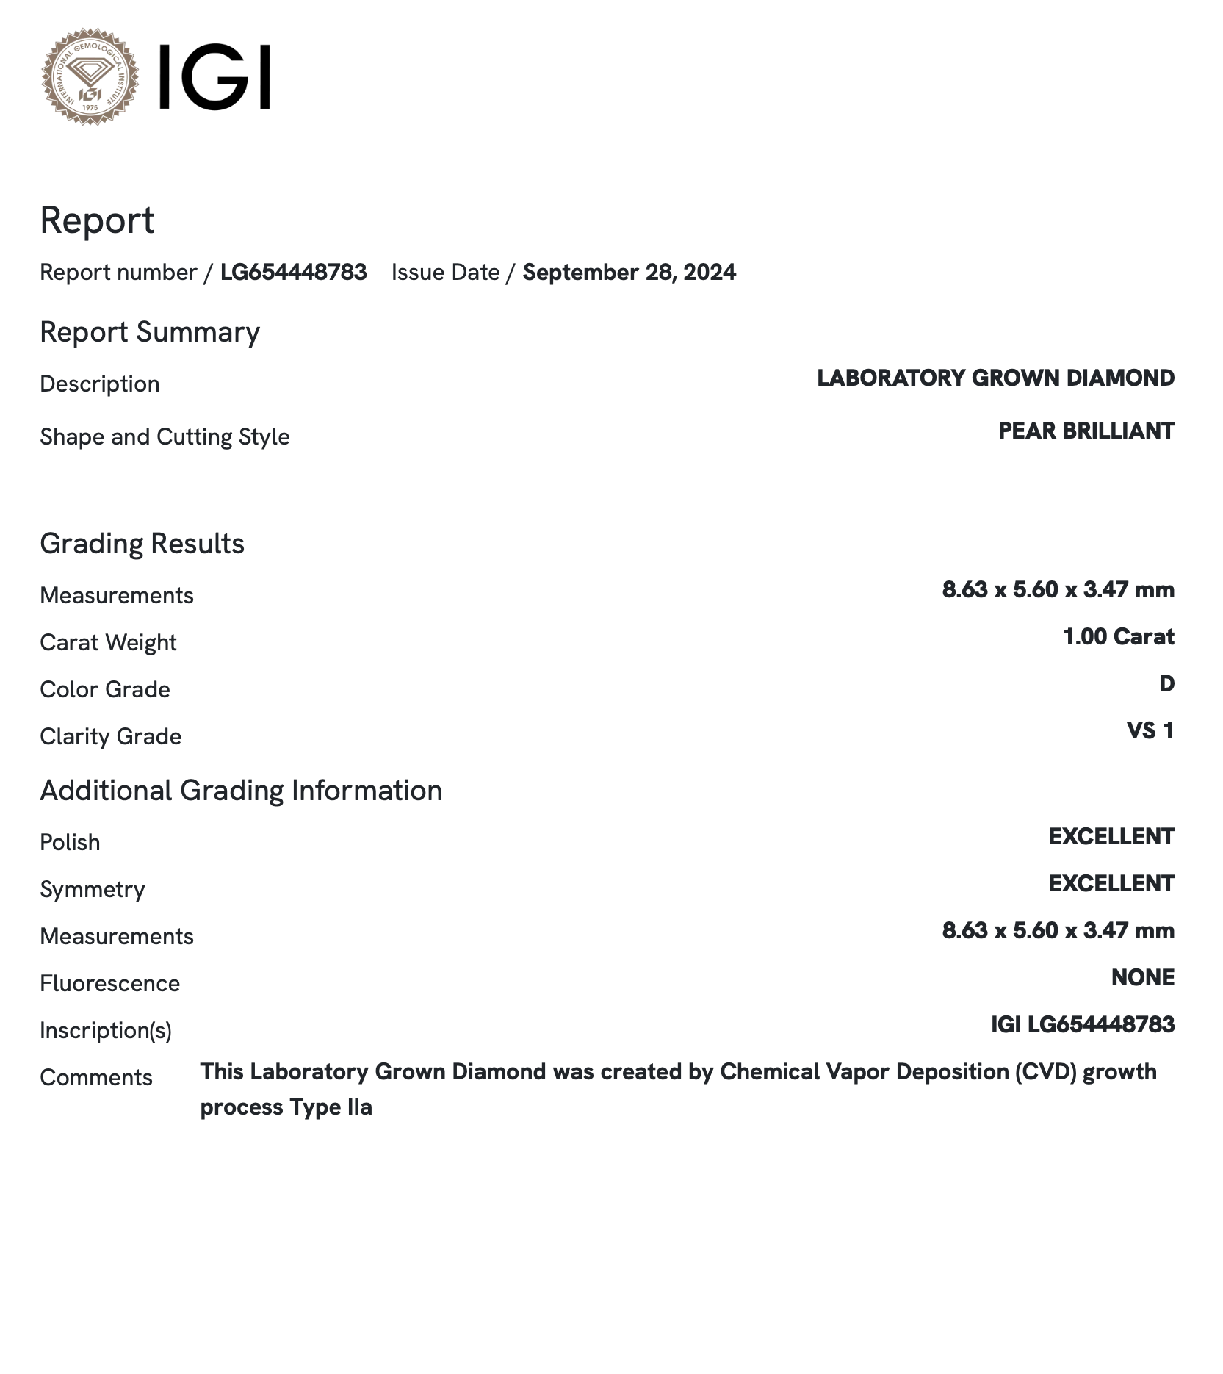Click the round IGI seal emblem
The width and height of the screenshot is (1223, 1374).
coord(90,76)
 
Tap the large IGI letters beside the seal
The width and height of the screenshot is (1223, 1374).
coord(214,77)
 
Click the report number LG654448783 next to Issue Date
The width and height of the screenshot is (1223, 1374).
coord(293,273)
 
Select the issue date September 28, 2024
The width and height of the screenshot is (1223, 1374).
coord(629,273)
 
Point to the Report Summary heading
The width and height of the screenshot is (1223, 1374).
coord(150,332)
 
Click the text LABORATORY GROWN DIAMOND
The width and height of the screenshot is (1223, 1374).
coord(995,378)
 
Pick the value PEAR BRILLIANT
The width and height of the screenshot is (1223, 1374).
coord(1086,431)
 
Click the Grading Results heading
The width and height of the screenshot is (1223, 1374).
coord(142,544)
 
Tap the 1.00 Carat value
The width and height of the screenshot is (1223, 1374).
coord(1118,637)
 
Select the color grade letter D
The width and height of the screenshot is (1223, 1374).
coord(1166,684)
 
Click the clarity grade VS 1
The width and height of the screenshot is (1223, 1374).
coord(1150,731)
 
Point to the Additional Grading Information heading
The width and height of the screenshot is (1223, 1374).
coord(241,791)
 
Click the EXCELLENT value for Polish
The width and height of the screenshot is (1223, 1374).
coord(1111,837)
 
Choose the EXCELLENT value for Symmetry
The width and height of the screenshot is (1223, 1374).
coord(1111,884)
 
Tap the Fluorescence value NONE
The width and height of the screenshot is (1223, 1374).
coord(1142,978)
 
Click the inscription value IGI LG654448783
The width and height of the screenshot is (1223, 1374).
coord(1082,1025)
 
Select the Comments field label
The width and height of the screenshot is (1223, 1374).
coord(96,1078)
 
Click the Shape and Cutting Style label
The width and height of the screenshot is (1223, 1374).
coord(165,437)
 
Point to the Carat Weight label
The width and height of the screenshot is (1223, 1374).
coord(108,643)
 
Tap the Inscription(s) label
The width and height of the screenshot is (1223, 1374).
coord(106,1031)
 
